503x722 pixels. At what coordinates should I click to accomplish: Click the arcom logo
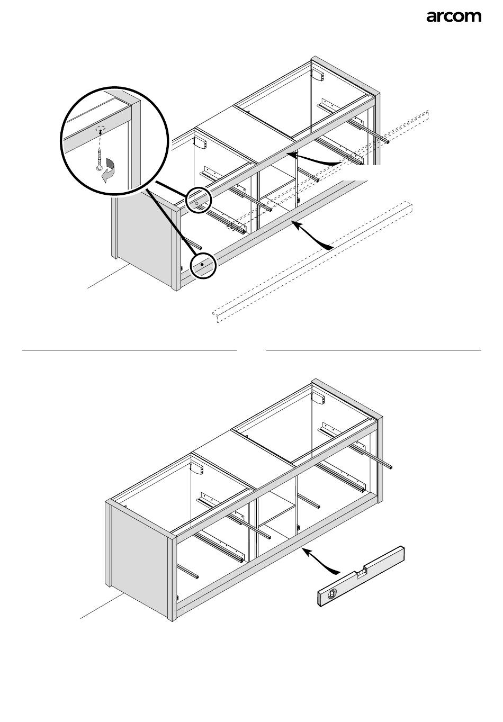[x=454, y=17]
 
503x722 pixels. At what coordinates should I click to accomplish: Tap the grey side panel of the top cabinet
[x=143, y=236]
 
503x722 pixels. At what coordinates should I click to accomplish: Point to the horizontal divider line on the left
[x=129, y=350]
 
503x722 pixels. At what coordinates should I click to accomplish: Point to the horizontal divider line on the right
[x=374, y=350]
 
